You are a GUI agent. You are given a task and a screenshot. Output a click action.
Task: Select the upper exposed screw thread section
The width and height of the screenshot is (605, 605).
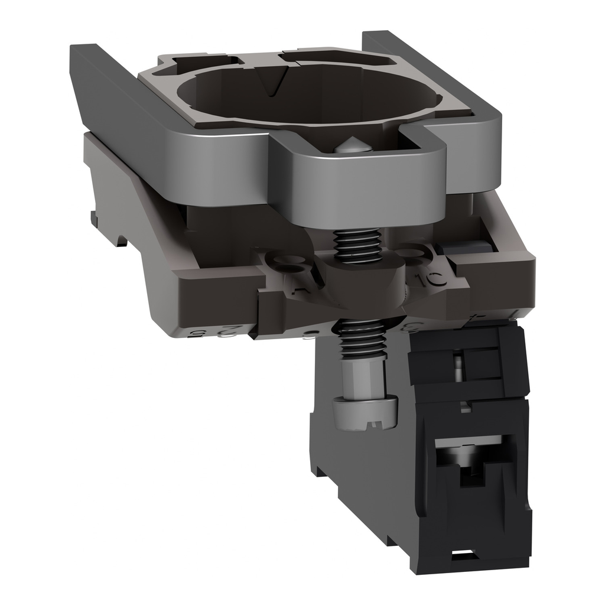tap(357, 245)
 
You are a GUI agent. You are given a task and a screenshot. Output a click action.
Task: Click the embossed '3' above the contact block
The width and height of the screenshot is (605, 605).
tap(408, 324)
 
